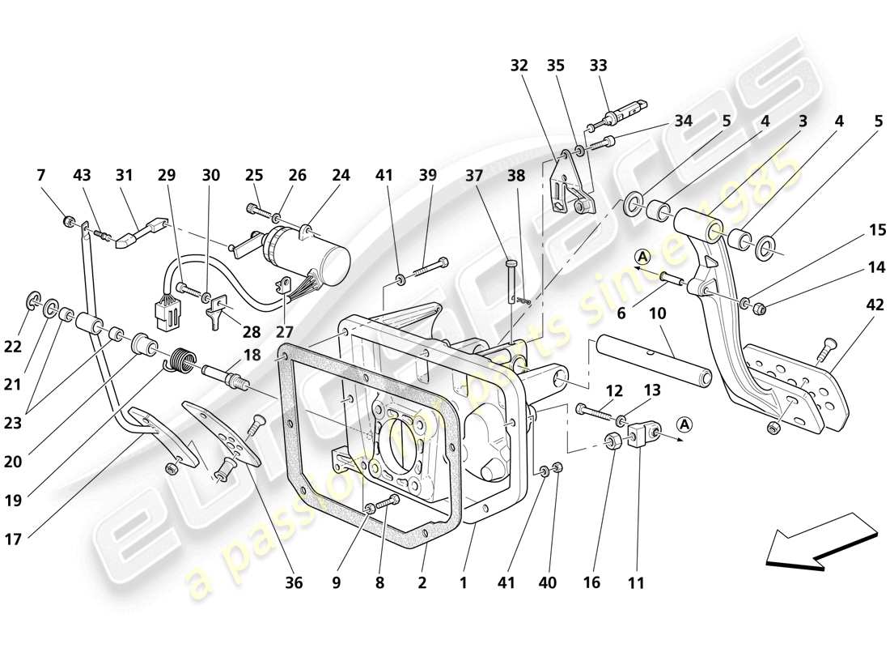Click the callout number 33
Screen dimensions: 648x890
(598, 66)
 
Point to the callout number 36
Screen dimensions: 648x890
(294, 582)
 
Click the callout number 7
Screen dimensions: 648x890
(41, 174)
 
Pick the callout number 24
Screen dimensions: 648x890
(341, 174)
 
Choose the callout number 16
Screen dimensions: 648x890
(591, 582)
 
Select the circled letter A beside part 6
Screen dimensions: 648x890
(642, 257)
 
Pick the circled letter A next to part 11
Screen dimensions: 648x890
(684, 423)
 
